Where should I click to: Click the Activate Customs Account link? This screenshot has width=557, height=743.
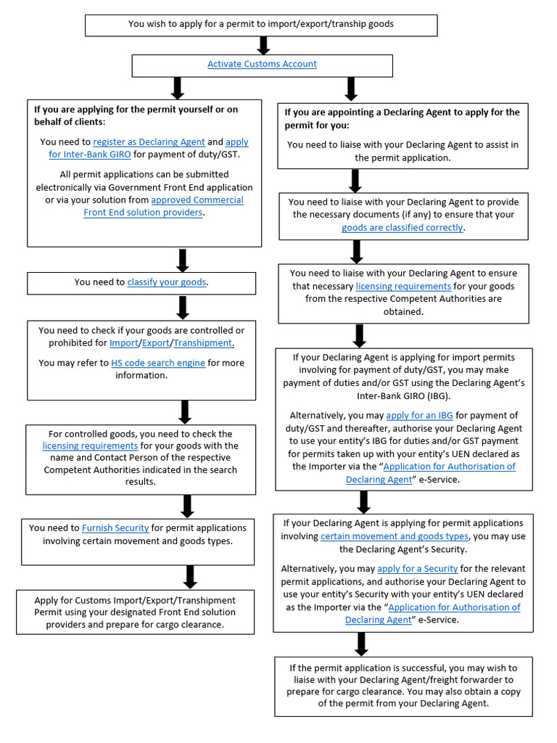[x=262, y=64]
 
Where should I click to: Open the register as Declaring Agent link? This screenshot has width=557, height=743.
[x=149, y=142]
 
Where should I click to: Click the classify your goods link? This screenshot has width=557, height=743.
[x=167, y=282]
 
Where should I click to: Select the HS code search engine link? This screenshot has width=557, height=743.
[x=158, y=363]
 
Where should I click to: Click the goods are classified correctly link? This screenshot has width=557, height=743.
[x=403, y=227]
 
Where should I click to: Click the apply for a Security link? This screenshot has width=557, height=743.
[x=417, y=568]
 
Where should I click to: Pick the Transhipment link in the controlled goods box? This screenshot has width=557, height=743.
[x=203, y=342]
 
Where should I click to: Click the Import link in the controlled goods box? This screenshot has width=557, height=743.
[x=123, y=342]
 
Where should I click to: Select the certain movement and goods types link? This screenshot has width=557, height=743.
[x=395, y=536]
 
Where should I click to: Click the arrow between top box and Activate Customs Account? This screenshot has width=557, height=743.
[x=264, y=46]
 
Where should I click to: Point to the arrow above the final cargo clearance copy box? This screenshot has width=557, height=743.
[x=361, y=644]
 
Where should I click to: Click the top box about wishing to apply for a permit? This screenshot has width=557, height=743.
[x=261, y=24]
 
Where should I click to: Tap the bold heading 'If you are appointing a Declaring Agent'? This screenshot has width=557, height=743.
[x=402, y=118]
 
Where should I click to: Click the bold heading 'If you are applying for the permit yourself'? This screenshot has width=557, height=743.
[x=136, y=115]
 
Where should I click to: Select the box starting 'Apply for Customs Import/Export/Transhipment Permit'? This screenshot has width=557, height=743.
[x=135, y=612]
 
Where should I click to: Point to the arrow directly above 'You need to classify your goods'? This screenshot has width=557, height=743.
[x=183, y=260]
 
